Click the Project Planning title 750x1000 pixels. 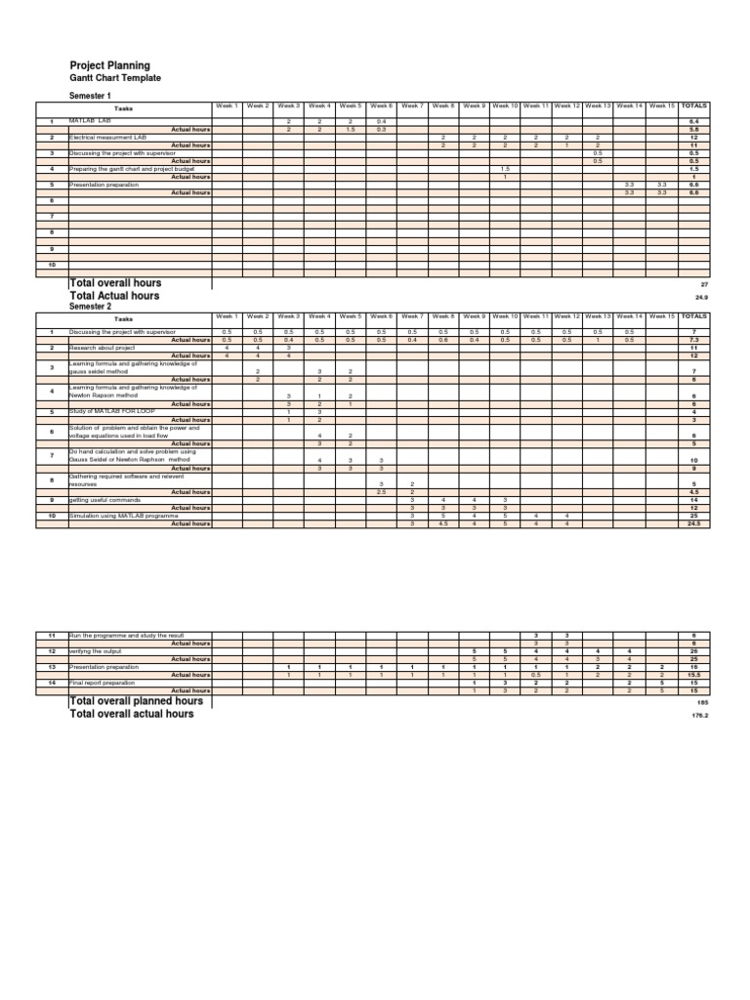pos(109,65)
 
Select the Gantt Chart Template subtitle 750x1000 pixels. pos(115,78)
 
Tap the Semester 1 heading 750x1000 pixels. pos(90,97)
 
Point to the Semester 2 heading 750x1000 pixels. pos(90,306)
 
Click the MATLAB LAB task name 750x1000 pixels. pos(90,121)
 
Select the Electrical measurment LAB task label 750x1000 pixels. pos(106,137)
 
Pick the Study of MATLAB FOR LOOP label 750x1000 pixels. pos(106,412)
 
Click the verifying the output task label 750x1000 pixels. pos(94,651)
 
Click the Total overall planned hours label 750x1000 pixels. pos(136,701)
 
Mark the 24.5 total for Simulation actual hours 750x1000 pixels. pos(693,523)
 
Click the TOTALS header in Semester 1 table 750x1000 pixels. pos(693,105)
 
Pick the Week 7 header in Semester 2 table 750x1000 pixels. pos(412,316)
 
